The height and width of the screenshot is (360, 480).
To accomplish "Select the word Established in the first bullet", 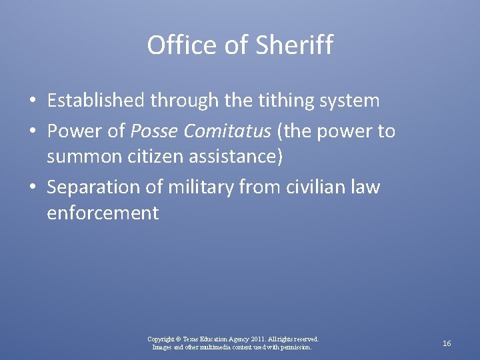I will tap(95, 101).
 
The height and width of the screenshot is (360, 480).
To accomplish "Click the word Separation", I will tap(89, 187).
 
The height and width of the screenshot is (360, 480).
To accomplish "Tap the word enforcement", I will tap(103, 213).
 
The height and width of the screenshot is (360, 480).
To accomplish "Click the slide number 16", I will tap(447, 343).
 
